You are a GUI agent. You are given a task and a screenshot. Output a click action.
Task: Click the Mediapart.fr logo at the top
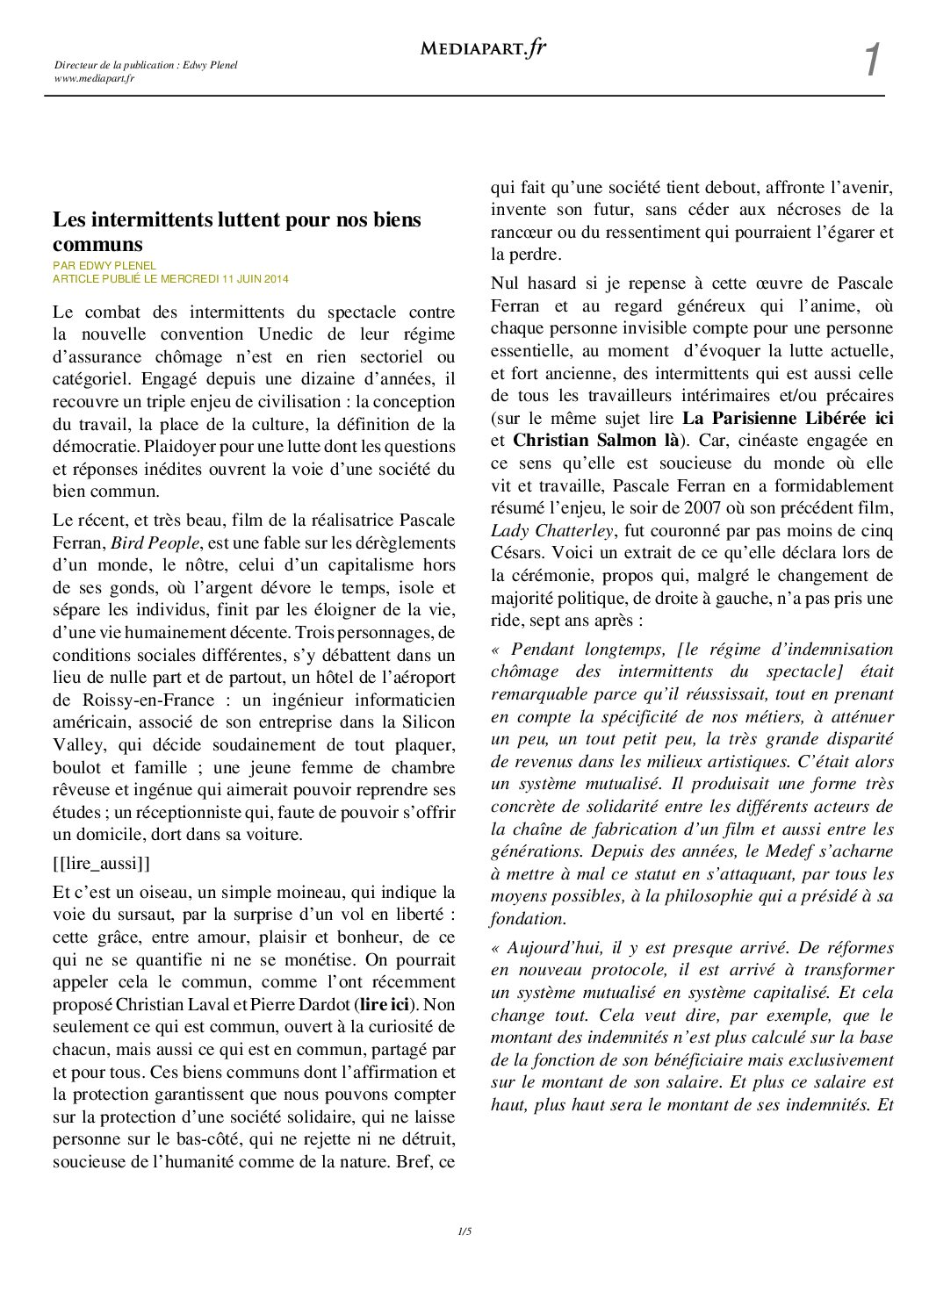pos(483,48)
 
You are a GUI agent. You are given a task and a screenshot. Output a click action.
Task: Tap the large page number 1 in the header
pos(871,61)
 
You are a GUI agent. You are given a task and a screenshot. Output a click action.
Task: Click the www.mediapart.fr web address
pos(94,78)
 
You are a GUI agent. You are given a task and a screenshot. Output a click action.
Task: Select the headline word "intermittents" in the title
pos(150,219)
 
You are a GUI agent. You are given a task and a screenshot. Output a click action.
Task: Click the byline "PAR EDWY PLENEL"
pos(104,266)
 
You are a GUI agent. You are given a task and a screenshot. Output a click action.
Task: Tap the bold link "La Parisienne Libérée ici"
pos(788,419)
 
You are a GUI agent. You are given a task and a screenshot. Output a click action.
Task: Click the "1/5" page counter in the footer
pos(464,1231)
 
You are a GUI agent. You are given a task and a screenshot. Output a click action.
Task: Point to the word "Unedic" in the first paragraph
pos(285,334)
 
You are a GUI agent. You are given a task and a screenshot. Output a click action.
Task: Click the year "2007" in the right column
pos(678,508)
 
